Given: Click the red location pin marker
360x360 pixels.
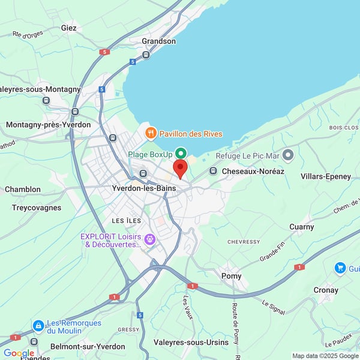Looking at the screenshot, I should (180, 168).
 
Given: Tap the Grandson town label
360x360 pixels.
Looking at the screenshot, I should (158, 41).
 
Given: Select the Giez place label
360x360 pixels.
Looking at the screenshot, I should (69, 28).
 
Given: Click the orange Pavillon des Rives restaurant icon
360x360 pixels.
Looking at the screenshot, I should (151, 133).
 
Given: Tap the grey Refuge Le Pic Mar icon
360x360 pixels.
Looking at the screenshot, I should (288, 155).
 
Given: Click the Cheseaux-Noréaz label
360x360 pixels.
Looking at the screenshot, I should (253, 172).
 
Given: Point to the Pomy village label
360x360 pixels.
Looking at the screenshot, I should (232, 276).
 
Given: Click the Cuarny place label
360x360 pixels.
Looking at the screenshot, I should (301, 227).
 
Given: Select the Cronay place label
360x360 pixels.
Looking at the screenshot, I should (326, 290).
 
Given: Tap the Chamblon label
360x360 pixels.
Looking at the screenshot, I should (23, 190).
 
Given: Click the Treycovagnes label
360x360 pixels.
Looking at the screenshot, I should (37, 208).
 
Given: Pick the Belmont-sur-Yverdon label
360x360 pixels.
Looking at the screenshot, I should (88, 346).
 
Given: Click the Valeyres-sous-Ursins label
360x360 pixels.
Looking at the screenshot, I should (191, 342).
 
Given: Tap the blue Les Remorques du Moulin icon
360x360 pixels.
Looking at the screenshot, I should (38, 326).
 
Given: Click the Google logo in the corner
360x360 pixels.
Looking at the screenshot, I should (19, 353).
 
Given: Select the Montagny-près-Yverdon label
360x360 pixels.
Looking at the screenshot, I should (49, 125).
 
